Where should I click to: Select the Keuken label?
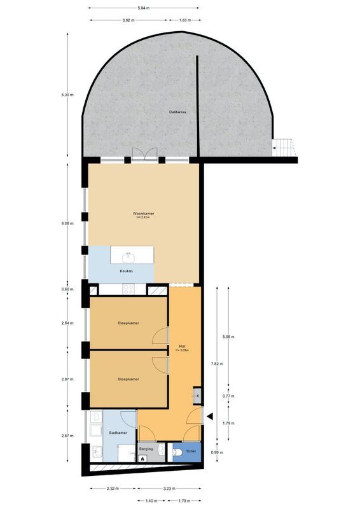click(126, 271)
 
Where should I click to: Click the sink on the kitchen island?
click(129, 256)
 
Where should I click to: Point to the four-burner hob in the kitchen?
click(127, 289)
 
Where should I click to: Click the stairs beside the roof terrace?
click(284, 148)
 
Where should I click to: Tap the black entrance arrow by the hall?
click(208, 417)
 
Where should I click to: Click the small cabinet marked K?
click(198, 396)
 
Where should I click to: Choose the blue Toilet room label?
click(191, 451)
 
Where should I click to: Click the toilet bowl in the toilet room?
click(176, 452)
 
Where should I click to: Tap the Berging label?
click(146, 449)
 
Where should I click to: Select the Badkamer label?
click(117, 432)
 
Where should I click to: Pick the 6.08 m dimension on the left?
click(67, 223)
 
